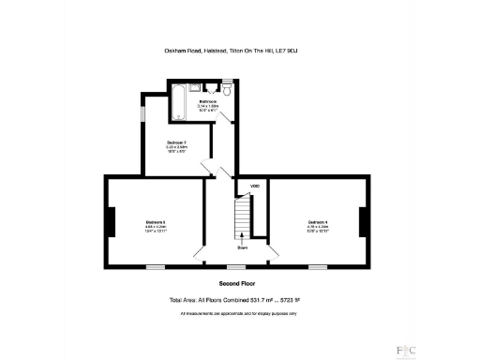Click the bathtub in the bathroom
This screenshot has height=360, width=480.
(x=177, y=104)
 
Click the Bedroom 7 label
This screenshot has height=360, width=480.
(x=177, y=142)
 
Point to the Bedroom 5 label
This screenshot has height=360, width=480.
(x=156, y=221)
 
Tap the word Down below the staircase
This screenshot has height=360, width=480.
(x=242, y=247)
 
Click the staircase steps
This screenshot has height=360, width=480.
(x=242, y=217)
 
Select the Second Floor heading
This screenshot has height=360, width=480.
(x=239, y=283)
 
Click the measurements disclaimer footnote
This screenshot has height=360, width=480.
(x=239, y=312)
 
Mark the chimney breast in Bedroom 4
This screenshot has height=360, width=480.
(x=367, y=222)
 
